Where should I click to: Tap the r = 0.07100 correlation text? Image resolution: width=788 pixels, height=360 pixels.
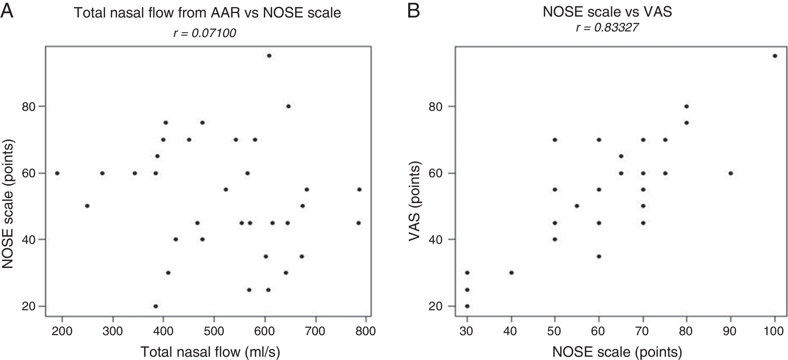click(x=205, y=33)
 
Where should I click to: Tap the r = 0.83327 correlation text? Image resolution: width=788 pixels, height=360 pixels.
click(x=607, y=28)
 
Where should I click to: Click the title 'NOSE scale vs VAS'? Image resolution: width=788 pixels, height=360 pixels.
click(x=607, y=12)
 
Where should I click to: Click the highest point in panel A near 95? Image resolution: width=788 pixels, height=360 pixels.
click(x=269, y=56)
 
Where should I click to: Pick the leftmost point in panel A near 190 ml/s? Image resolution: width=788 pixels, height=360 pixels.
click(x=57, y=173)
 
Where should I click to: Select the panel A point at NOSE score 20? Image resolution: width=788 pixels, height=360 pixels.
click(x=156, y=306)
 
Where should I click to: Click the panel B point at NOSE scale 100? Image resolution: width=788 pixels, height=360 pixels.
click(x=775, y=56)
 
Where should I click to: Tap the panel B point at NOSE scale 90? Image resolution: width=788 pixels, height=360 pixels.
click(x=731, y=173)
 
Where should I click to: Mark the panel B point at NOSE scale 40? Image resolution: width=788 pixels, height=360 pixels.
click(x=512, y=273)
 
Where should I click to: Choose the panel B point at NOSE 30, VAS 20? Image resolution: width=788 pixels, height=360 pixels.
click(x=467, y=306)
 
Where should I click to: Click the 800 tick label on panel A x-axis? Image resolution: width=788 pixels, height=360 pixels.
click(x=366, y=331)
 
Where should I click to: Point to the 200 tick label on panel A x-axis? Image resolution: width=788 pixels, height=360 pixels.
click(x=62, y=331)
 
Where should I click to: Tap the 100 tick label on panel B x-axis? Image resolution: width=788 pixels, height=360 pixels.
click(x=774, y=331)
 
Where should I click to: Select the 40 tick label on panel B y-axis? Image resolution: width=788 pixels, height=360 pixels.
click(x=435, y=239)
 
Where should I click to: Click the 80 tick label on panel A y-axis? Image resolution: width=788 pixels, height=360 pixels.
click(x=29, y=107)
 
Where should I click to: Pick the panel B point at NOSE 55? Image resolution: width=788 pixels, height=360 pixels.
click(x=577, y=206)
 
